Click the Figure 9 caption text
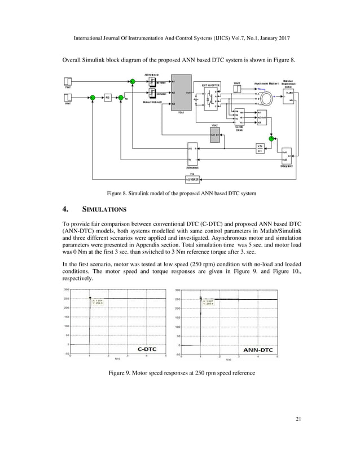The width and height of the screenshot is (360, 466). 180,373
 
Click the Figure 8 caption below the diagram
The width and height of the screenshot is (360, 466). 180,194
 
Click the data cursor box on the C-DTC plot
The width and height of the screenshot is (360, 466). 98,302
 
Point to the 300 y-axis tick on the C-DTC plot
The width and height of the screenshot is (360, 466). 65,289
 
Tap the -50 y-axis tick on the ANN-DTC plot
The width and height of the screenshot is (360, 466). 177,355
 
